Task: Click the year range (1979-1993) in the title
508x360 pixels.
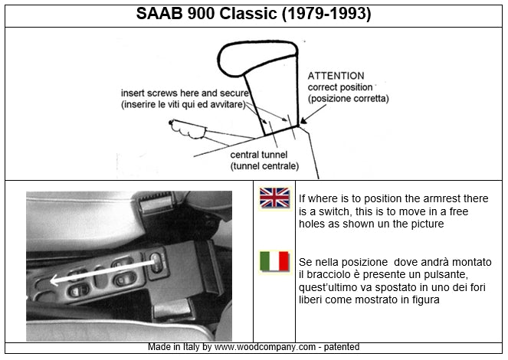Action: [330, 14]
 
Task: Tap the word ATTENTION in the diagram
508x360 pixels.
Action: [336, 77]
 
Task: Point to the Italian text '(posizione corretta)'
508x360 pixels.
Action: [348, 99]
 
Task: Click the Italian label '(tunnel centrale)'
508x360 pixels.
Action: [264, 165]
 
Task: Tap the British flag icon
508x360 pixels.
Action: [274, 198]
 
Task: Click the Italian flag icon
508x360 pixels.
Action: [274, 261]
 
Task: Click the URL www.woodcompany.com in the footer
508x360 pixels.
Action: [258, 347]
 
